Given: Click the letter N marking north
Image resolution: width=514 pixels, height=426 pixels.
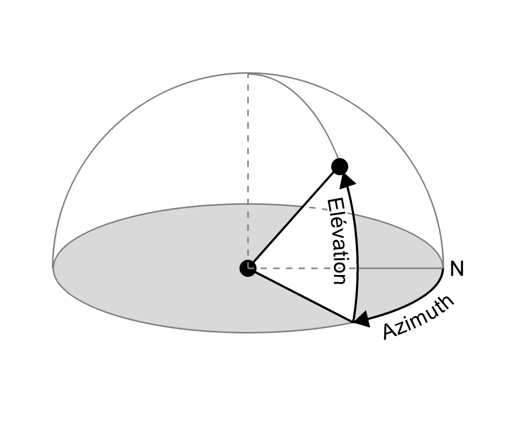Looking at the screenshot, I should tap(457, 269).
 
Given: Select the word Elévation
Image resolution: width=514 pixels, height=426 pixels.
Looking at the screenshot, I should tap(337, 241).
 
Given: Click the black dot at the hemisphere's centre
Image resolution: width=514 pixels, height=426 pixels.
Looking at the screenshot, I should tap(248, 268).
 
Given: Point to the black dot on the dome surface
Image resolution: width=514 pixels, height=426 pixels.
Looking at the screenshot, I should tap(339, 166).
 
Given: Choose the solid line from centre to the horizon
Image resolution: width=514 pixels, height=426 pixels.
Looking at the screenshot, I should tap(300, 295).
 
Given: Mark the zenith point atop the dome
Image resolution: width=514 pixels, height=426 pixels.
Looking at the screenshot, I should tap(248, 73).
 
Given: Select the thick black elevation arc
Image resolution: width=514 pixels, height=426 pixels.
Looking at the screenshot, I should tap(358, 254).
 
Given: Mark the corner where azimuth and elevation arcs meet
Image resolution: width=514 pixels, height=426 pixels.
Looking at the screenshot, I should tap(352, 322).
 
